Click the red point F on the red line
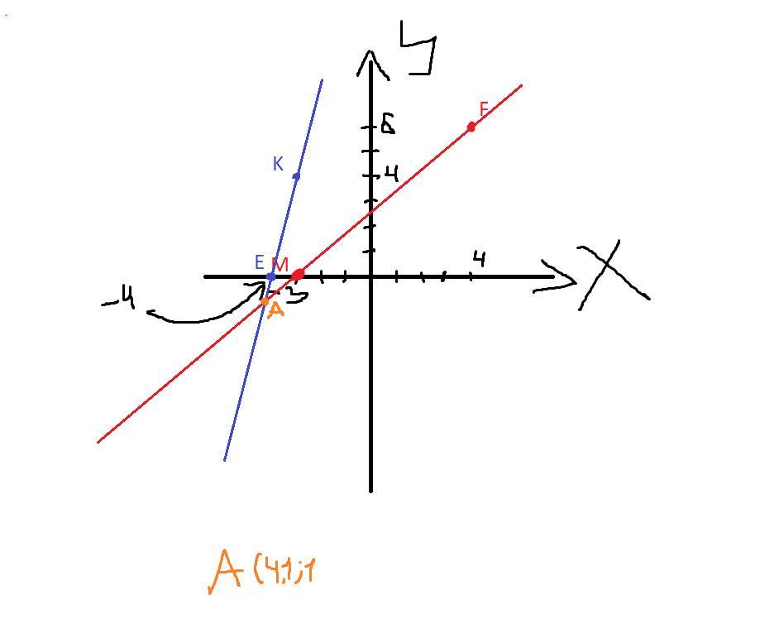click(471, 127)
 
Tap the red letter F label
click(484, 109)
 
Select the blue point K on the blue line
click(296, 176)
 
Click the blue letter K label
click(278, 164)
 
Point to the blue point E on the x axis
click(270, 276)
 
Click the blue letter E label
click(259, 263)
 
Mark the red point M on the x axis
click(298, 274)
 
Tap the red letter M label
click(280, 265)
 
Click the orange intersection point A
click(265, 302)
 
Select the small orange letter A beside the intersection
click(276, 310)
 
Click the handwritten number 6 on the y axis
click(387, 125)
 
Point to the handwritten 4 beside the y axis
click(391, 174)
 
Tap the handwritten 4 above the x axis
click(478, 259)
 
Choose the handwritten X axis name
click(613, 272)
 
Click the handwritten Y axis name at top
click(418, 48)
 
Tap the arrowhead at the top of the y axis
click(370, 62)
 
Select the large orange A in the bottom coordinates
click(224, 570)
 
